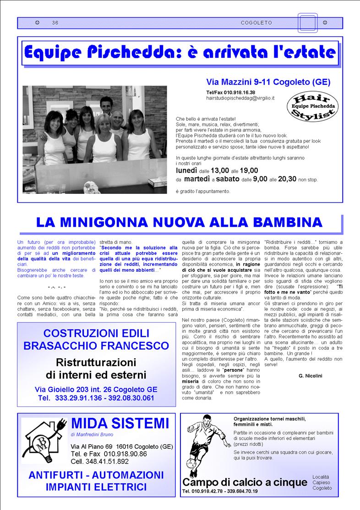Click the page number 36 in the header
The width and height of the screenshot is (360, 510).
tap(55, 22)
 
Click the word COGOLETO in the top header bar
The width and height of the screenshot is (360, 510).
tap(256, 22)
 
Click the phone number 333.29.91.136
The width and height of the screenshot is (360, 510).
tap(78, 398)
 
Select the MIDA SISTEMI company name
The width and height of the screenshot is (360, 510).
tap(120, 423)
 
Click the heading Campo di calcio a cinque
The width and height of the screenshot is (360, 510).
tap(245, 483)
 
